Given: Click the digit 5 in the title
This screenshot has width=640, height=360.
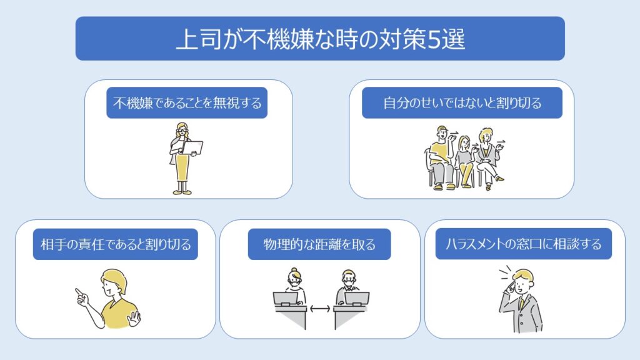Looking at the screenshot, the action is [x=434, y=40].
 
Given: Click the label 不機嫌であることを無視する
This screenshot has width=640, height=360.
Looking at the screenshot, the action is [x=187, y=103].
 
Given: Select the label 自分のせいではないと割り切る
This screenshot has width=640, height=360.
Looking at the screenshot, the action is [x=462, y=103].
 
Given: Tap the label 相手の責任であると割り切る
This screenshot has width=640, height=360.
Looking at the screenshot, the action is [x=116, y=244].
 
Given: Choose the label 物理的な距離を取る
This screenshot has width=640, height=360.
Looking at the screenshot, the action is [x=319, y=244].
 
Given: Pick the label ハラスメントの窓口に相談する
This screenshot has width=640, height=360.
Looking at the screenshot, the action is [x=524, y=244].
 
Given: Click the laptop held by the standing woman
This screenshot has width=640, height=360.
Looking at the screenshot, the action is [x=192, y=147].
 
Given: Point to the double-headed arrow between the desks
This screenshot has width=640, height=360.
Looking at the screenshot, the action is [x=320, y=309].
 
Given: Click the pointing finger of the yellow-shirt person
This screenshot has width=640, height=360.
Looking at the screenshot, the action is [x=79, y=292].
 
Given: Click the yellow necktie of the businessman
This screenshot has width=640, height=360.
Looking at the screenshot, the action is [x=521, y=304].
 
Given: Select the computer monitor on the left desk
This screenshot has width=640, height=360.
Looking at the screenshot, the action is [x=285, y=298].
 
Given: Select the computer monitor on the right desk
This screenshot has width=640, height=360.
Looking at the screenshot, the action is [x=357, y=298].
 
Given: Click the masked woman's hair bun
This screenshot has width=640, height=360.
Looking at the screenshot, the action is [x=294, y=270].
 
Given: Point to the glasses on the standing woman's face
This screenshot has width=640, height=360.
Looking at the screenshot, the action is [x=182, y=132].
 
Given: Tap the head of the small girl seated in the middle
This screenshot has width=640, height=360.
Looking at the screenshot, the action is [x=464, y=142].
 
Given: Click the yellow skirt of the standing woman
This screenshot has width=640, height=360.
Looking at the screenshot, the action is [x=182, y=167].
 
